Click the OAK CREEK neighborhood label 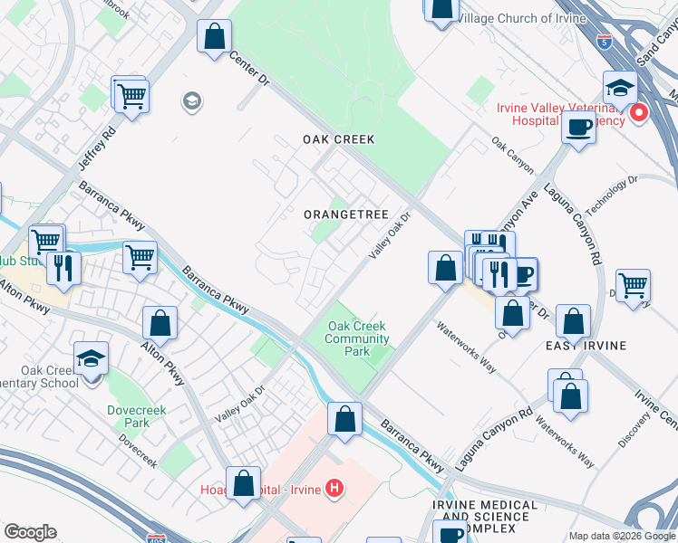tap(338, 140)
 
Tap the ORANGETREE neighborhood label tap(345, 214)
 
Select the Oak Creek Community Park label tap(357, 339)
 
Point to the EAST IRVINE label tap(582, 347)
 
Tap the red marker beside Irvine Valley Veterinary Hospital tap(639, 113)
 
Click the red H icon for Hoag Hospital tap(334, 490)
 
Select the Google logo tap(30, 532)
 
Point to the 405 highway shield tap(156, 538)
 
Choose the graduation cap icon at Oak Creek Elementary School tap(91, 358)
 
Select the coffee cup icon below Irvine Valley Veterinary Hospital tap(578, 127)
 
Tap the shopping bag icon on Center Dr tap(214, 38)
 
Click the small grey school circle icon tap(191, 100)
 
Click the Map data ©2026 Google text tap(621, 536)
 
